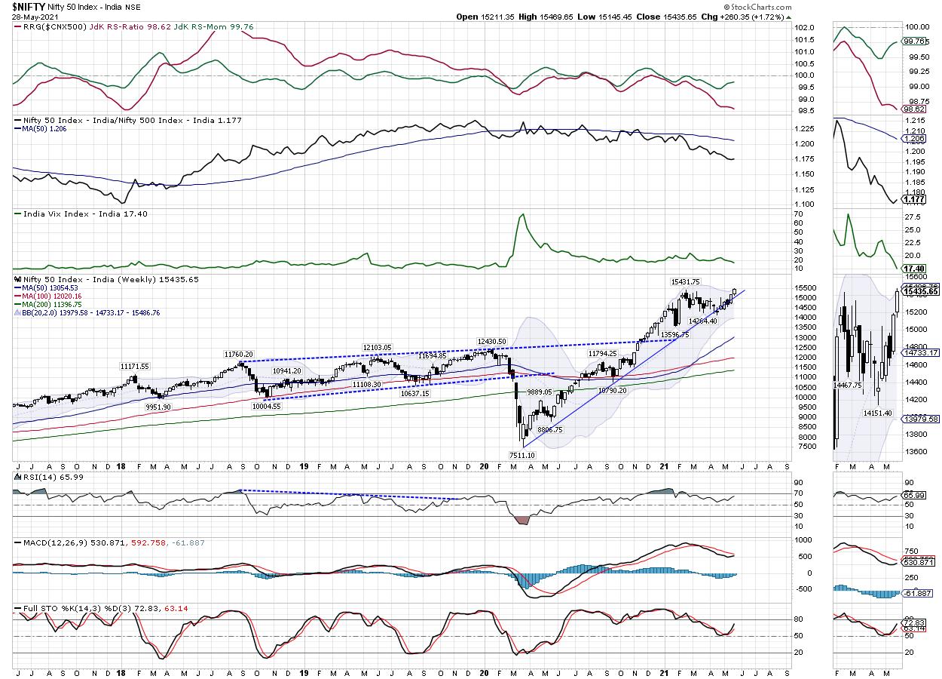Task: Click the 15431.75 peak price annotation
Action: click(686, 281)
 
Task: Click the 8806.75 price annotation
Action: click(549, 429)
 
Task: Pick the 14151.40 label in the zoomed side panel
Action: click(877, 413)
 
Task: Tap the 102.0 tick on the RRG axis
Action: click(784, 28)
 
